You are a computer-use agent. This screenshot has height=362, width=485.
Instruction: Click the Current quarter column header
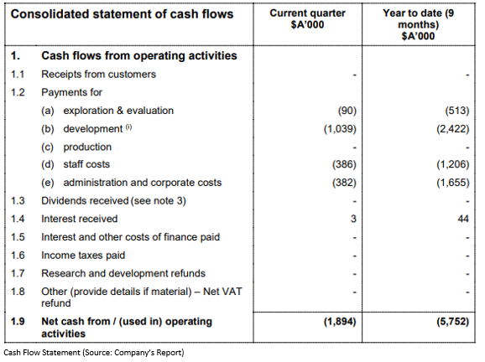point(307,18)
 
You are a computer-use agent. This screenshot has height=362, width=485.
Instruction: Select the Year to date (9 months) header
point(418,24)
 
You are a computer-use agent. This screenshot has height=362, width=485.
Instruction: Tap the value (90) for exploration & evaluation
point(347,111)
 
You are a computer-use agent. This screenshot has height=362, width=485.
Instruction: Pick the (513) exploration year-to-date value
point(457,111)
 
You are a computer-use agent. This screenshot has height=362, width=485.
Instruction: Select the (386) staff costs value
point(344,164)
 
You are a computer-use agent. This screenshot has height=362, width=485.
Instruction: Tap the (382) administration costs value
point(344,183)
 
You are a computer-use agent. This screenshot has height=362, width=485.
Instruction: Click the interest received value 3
point(353,219)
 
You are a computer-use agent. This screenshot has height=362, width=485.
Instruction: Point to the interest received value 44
point(463,219)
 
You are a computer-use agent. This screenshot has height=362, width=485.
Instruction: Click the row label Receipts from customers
point(99,75)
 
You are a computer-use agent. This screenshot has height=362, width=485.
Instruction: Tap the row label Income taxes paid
point(83,256)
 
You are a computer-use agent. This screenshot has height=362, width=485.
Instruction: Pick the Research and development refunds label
point(123,273)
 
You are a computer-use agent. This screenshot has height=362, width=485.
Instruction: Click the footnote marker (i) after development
point(128,127)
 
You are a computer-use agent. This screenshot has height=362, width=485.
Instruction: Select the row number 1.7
point(18,273)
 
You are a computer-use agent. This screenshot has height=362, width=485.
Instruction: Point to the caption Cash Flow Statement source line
point(94,353)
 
